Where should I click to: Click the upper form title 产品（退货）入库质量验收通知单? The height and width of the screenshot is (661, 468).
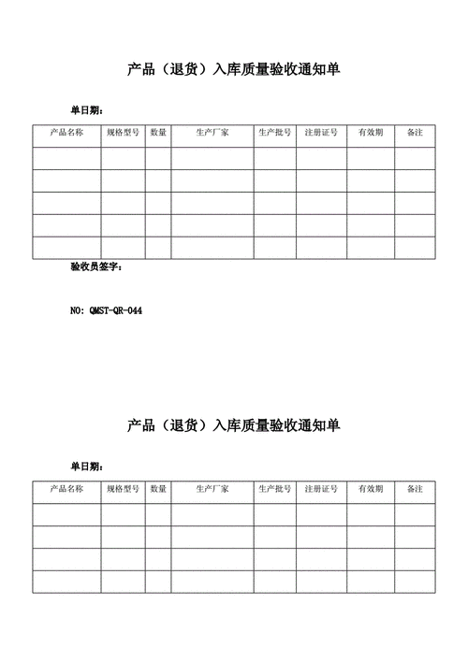pos(234,69)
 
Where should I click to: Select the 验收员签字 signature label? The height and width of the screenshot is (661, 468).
pos(95,268)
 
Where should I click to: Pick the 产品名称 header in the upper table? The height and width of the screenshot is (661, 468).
pos(66,134)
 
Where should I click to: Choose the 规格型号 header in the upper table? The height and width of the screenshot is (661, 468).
pos(123,134)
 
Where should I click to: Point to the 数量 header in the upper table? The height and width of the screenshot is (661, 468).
pos(158,134)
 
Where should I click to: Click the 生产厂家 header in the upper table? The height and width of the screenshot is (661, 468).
pos(212,134)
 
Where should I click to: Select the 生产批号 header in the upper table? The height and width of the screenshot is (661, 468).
pos(275,134)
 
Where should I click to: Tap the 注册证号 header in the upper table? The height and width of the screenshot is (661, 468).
pos(321,134)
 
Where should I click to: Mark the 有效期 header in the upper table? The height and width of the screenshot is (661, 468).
pos(370,134)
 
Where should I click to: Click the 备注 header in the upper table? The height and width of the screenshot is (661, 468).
pos(415,134)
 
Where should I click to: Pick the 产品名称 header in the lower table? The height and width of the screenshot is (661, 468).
pos(66,490)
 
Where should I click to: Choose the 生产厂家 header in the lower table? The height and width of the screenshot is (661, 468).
pos(212,490)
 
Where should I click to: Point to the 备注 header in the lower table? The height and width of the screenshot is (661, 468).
pos(415,490)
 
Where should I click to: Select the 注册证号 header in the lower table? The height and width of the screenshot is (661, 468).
pos(321,490)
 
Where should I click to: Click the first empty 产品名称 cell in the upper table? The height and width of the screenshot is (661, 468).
pos(66,158)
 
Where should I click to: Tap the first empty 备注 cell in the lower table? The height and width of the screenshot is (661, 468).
pos(415,514)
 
